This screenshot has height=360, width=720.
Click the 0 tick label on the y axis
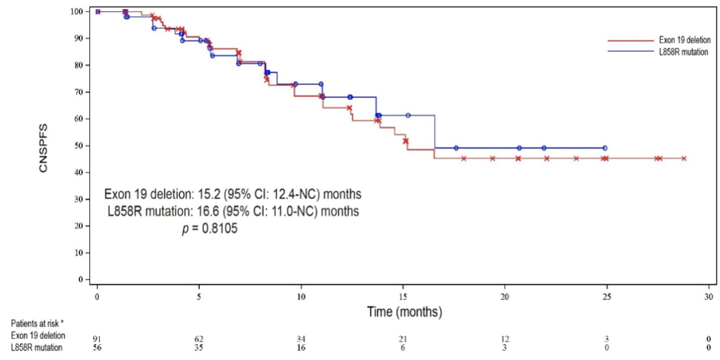(x=82, y=279)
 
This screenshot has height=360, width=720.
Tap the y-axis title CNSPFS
(x=43, y=145)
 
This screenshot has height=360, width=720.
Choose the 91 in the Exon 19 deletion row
(x=97, y=339)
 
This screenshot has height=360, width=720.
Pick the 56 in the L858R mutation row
(x=97, y=348)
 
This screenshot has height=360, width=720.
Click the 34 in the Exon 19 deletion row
(x=301, y=339)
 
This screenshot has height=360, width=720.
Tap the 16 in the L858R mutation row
(x=301, y=348)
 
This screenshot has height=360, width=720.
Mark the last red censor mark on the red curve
(x=684, y=158)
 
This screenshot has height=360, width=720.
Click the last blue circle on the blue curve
(x=605, y=148)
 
